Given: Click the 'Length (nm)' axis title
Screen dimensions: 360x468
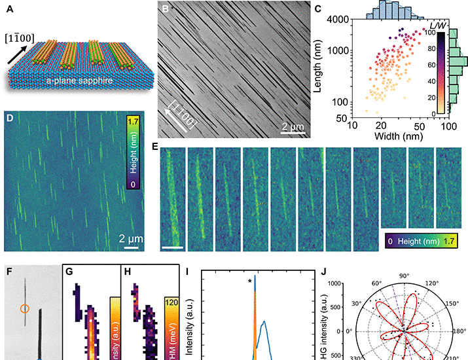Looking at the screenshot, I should point(325,65).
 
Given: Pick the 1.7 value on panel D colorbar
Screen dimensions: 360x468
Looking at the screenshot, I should point(133,121).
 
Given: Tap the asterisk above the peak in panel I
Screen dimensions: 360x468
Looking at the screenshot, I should point(250,282).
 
